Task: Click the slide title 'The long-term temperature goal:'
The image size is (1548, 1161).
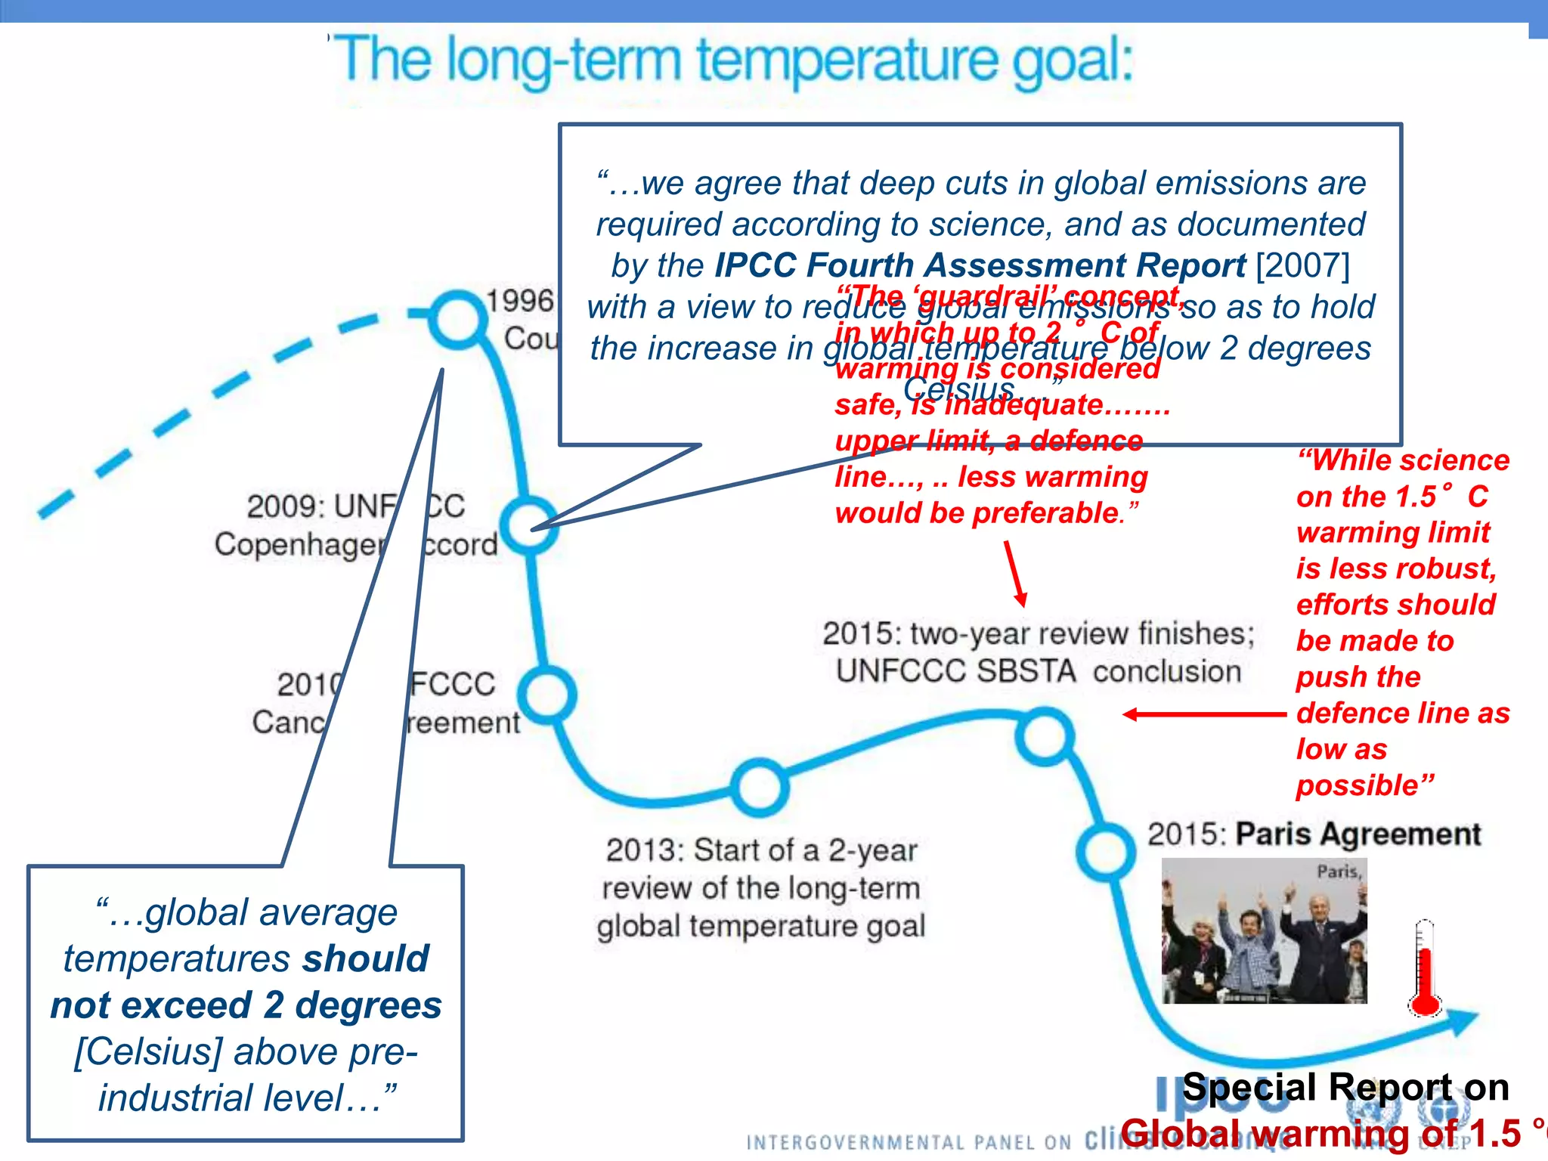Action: (733, 60)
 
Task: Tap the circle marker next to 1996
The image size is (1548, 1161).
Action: (457, 320)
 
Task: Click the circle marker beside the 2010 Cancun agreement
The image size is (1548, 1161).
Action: (548, 694)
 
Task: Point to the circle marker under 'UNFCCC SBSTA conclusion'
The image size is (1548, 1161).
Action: (1045, 736)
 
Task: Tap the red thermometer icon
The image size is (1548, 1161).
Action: (1426, 971)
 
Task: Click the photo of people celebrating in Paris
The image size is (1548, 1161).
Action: (1264, 931)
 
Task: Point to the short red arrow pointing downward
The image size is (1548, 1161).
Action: (1015, 574)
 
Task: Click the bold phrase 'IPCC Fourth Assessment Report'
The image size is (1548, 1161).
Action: (980, 265)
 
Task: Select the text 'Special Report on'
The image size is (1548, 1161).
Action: (1345, 1088)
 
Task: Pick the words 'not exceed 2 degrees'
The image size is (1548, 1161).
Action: (246, 1006)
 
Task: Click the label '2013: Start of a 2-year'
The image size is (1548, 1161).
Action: (761, 850)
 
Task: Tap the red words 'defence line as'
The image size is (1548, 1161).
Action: (1403, 713)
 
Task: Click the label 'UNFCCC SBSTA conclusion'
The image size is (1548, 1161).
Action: (1039, 671)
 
